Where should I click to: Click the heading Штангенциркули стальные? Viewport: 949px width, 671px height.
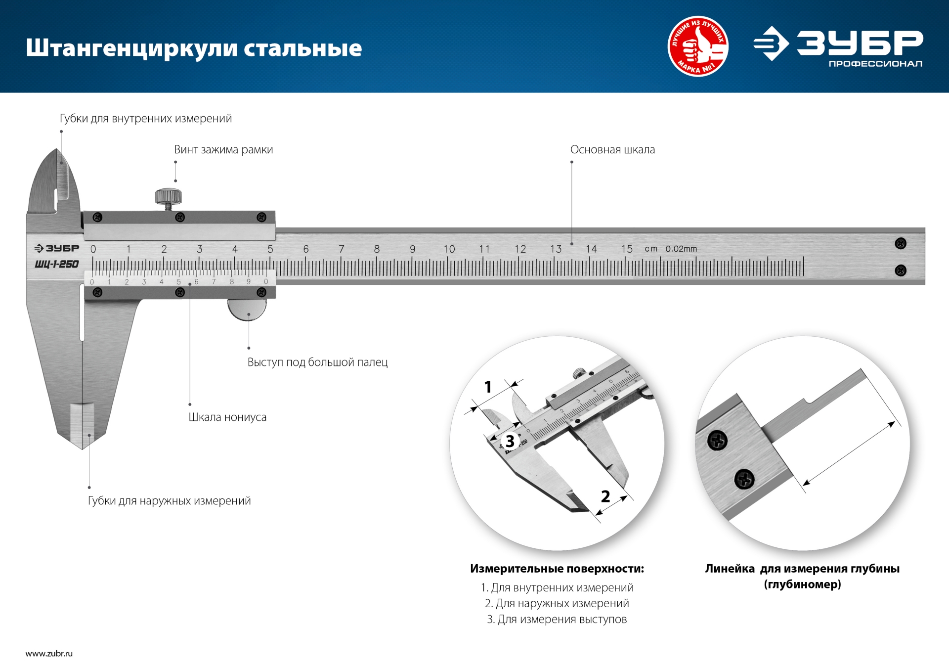point(194,48)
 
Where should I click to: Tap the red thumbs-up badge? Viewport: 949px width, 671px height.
point(697,46)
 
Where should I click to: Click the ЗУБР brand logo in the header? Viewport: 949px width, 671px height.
point(838,46)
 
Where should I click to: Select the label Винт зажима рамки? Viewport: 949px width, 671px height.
point(223,150)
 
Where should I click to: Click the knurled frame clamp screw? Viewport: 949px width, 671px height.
point(168,197)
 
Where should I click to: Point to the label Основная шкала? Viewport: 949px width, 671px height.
point(612,150)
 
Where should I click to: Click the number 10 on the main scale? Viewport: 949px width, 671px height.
point(449,249)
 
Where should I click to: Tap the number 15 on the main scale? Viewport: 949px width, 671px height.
point(627,249)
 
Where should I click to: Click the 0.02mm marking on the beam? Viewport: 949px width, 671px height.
point(681,249)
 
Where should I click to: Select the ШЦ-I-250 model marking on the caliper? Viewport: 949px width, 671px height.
point(57,264)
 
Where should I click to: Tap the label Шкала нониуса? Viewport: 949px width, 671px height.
point(227,417)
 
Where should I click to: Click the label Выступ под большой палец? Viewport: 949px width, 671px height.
point(317,362)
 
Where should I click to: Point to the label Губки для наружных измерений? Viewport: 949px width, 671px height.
point(169,501)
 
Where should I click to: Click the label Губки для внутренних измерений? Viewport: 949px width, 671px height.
point(146,119)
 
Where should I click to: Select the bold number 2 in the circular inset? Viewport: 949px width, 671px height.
point(605,496)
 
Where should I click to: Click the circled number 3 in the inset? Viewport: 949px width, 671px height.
point(510,441)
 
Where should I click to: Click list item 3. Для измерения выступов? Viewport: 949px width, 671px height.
point(557,620)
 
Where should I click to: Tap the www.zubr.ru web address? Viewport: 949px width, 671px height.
point(49,654)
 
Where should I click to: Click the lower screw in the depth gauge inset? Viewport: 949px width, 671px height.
point(744,479)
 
